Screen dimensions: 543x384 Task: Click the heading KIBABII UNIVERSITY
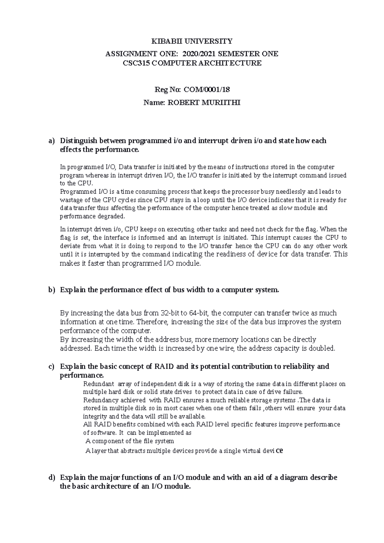click(192, 41)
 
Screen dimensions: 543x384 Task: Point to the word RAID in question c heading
click(164, 366)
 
